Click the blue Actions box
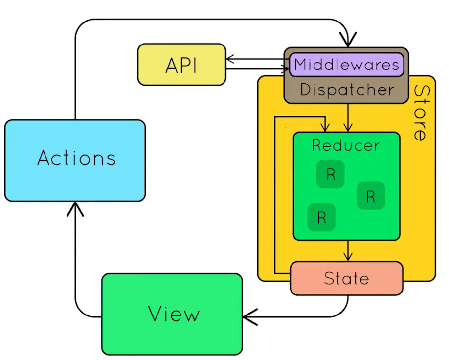(x=75, y=160)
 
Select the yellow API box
(x=181, y=65)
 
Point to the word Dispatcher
(x=346, y=90)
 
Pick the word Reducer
(x=345, y=145)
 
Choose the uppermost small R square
(x=330, y=175)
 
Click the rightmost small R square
(x=370, y=196)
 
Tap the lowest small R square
(x=321, y=217)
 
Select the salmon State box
(x=346, y=279)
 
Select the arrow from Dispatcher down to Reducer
(x=348, y=118)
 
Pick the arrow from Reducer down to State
(x=348, y=251)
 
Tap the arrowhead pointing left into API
(x=230, y=61)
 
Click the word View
(x=174, y=314)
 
